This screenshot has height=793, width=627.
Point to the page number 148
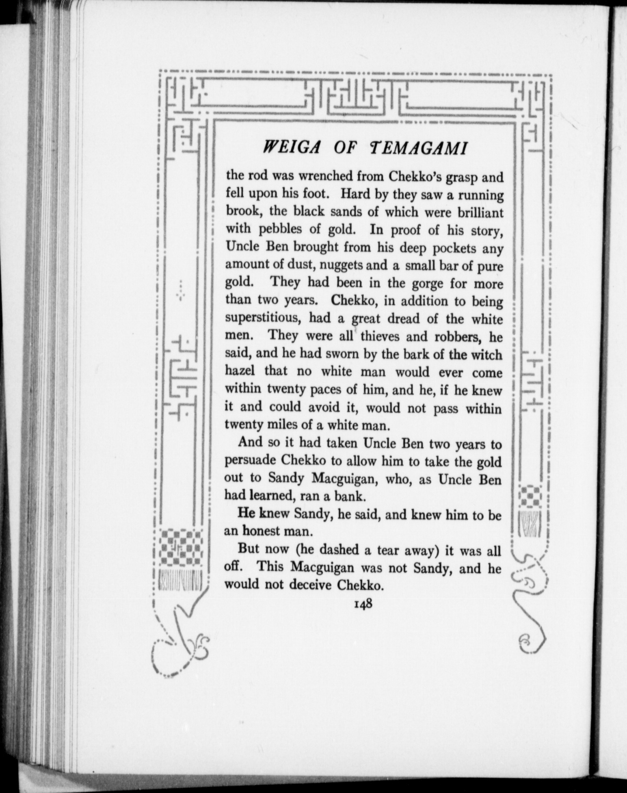[x=363, y=604]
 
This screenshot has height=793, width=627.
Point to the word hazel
[x=240, y=372]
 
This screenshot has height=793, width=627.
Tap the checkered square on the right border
[x=532, y=498]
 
